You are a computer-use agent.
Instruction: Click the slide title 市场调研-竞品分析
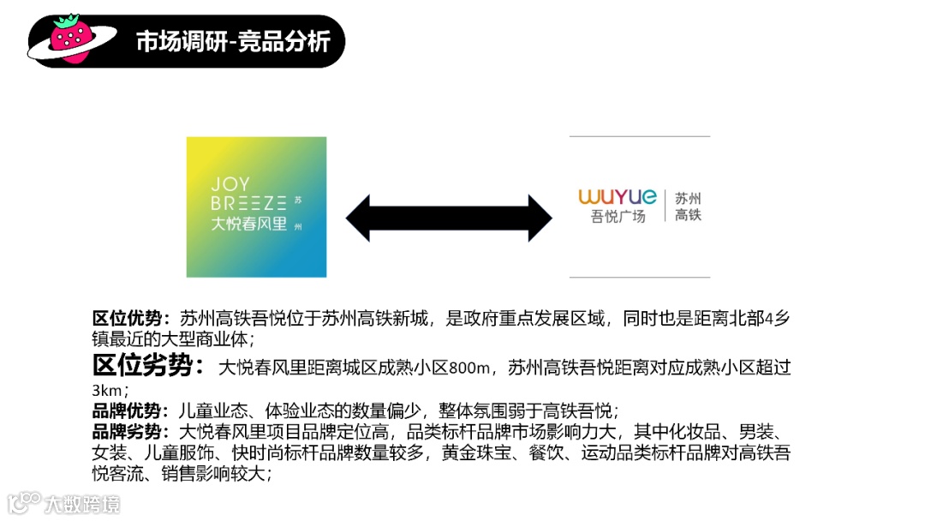[233, 41]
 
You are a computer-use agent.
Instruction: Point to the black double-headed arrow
[449, 219]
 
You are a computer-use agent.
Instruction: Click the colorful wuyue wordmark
[618, 197]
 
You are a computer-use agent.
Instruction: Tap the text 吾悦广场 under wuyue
[618, 217]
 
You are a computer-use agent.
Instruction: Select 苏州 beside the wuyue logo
[688, 198]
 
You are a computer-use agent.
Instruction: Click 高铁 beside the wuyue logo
[688, 215]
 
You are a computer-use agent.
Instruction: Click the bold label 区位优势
[131, 318]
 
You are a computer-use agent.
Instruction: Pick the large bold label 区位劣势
[147, 366]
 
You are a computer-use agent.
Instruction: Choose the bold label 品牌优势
[131, 410]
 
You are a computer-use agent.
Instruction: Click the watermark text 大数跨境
[82, 504]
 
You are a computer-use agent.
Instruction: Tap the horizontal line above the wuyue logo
[639, 136]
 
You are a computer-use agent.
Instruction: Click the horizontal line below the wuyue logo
[639, 277]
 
